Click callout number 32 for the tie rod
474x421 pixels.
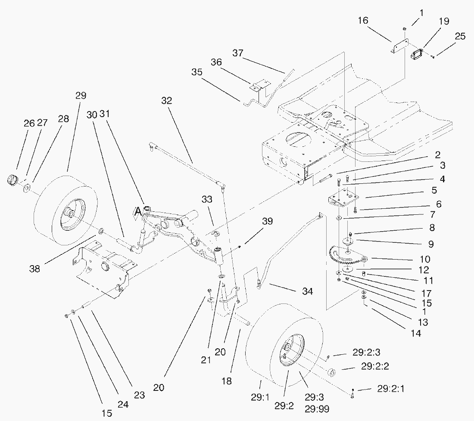pyautogui.click(x=167, y=101)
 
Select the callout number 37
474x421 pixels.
pyautogui.click(x=238, y=54)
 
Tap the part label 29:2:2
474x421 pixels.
pyautogui.click(x=375, y=367)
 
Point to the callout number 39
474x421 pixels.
pyautogui.click(x=268, y=221)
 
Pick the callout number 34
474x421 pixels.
pyautogui.click(x=307, y=292)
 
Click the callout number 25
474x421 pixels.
pyautogui.click(x=460, y=36)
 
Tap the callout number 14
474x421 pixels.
pyautogui.click(x=415, y=332)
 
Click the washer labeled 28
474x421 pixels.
pyautogui.click(x=27, y=188)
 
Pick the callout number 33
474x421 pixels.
pyautogui.click(x=207, y=200)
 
